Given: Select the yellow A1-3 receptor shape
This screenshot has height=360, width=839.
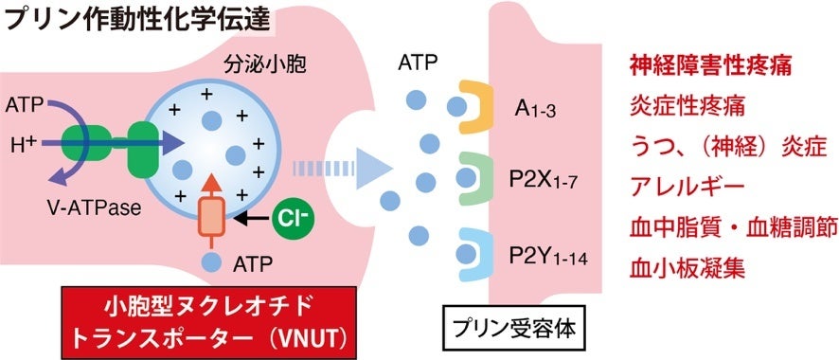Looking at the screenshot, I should point(470,106).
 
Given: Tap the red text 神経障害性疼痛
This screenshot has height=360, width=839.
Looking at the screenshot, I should point(709,67).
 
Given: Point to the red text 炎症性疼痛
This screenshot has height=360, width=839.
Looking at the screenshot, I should point(687,104).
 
